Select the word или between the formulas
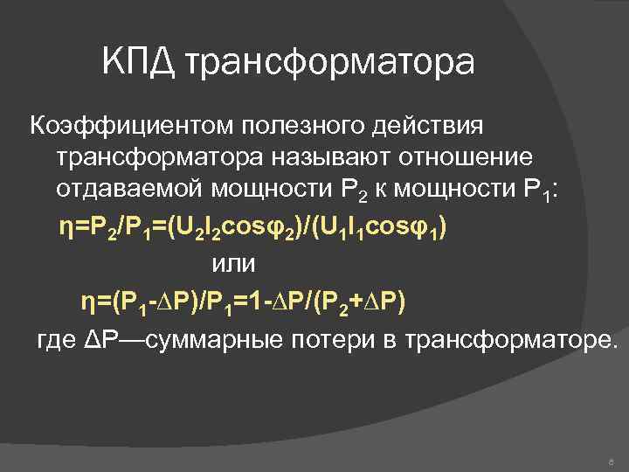tap(233, 262)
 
